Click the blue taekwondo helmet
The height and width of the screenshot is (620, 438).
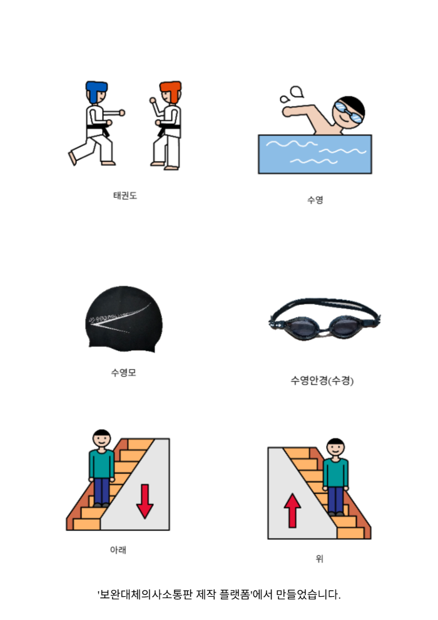click(96, 91)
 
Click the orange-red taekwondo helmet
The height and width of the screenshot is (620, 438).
click(171, 91)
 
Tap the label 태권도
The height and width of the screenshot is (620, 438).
click(125, 195)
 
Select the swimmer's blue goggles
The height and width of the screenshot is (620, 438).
click(348, 111)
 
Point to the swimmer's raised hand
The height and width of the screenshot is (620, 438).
click(287, 111)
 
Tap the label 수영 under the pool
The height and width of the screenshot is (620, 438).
click(315, 200)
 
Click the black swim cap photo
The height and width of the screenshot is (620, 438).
click(124, 319)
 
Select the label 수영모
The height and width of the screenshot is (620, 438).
click(124, 373)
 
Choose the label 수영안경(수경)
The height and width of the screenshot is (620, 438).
click(322, 380)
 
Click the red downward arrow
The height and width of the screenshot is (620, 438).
click(145, 501)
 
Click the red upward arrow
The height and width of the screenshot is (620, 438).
click(292, 510)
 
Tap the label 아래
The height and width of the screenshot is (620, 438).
click(118, 550)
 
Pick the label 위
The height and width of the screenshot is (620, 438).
click(320, 559)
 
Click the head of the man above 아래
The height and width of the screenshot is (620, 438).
click(102, 438)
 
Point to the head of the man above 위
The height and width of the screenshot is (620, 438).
click(336, 448)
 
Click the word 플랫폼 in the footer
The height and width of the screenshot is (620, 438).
click(235, 594)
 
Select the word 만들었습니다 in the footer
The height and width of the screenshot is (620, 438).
click(308, 594)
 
